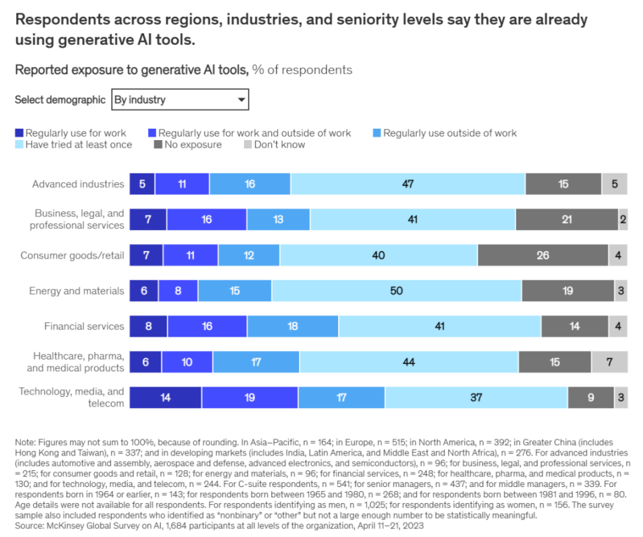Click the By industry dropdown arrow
241,100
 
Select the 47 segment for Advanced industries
408,183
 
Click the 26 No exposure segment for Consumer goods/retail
542,255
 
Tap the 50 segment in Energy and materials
396,291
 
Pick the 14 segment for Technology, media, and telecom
165,398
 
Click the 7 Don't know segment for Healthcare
609,362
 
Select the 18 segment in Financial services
293,326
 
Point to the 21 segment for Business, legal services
566,219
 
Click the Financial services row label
84,326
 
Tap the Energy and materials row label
77,291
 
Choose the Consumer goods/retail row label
72,255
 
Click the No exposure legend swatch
158,145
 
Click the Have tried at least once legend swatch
19,145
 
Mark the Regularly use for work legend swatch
19,133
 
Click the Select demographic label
60,100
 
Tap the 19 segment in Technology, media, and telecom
249,398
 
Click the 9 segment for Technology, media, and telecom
590,398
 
